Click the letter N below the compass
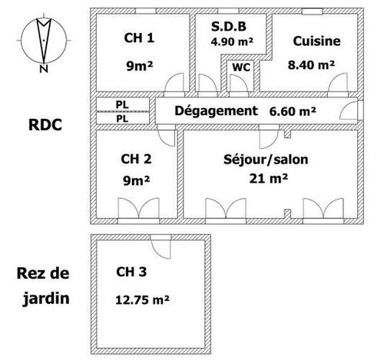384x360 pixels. click(44, 69)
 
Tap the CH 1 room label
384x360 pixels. click(139, 38)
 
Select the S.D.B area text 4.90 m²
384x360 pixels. click(232, 41)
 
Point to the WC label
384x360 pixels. click(241, 68)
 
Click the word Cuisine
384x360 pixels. click(316, 41)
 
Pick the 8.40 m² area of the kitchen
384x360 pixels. click(311, 64)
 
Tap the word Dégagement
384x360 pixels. click(216, 111)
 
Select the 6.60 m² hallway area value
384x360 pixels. click(293, 111)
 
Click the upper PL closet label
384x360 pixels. click(122, 104)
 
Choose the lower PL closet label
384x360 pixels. click(122, 119)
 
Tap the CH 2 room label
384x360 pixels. click(136, 159)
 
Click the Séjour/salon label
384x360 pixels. click(266, 160)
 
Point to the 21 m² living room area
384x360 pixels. click(269, 178)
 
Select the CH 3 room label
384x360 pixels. click(131, 272)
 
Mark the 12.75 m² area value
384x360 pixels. click(142, 300)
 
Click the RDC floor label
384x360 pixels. click(45, 125)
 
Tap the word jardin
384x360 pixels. click(46, 299)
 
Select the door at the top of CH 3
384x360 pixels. click(161, 247)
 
